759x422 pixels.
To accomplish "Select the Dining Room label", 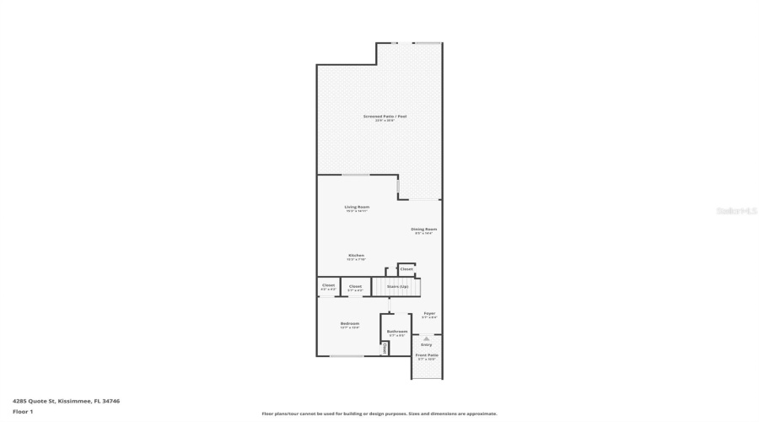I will [423, 230].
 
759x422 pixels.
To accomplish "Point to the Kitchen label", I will [356, 257].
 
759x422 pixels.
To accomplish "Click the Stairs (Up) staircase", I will [396, 287].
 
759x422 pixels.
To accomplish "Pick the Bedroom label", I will [350, 325].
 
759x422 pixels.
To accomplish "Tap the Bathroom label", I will [397, 333].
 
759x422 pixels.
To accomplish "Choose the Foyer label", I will [429, 315].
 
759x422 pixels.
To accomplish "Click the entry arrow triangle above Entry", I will [427, 338].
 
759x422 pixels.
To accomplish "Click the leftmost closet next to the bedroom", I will [328, 287].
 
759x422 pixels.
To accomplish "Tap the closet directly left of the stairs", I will [355, 287].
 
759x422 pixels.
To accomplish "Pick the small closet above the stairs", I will [406, 269].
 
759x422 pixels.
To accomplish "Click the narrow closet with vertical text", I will [385, 347].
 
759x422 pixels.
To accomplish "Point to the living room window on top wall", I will [355, 175].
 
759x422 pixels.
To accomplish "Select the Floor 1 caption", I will [23, 411].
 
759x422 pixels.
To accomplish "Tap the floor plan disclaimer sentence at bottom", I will [379, 414].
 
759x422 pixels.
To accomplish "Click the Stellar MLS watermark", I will [737, 211].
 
